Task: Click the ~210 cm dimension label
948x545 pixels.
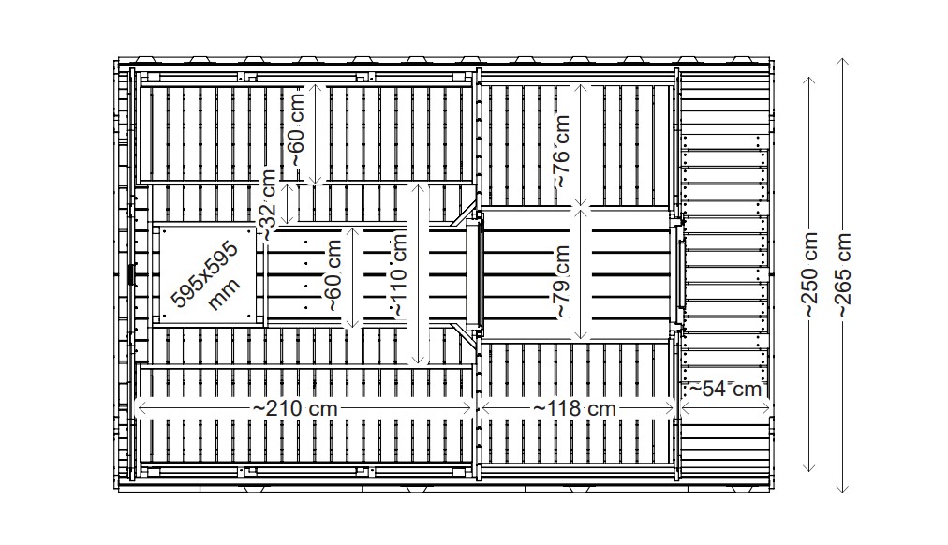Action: click(295, 408)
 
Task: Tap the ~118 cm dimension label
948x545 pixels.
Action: click(575, 408)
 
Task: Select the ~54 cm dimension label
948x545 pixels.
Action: click(725, 388)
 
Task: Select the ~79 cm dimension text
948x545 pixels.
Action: click(562, 281)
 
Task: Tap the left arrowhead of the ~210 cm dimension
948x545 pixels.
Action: click(140, 408)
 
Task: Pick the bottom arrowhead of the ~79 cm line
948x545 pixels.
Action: click(583, 337)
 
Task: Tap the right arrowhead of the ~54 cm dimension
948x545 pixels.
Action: click(767, 383)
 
